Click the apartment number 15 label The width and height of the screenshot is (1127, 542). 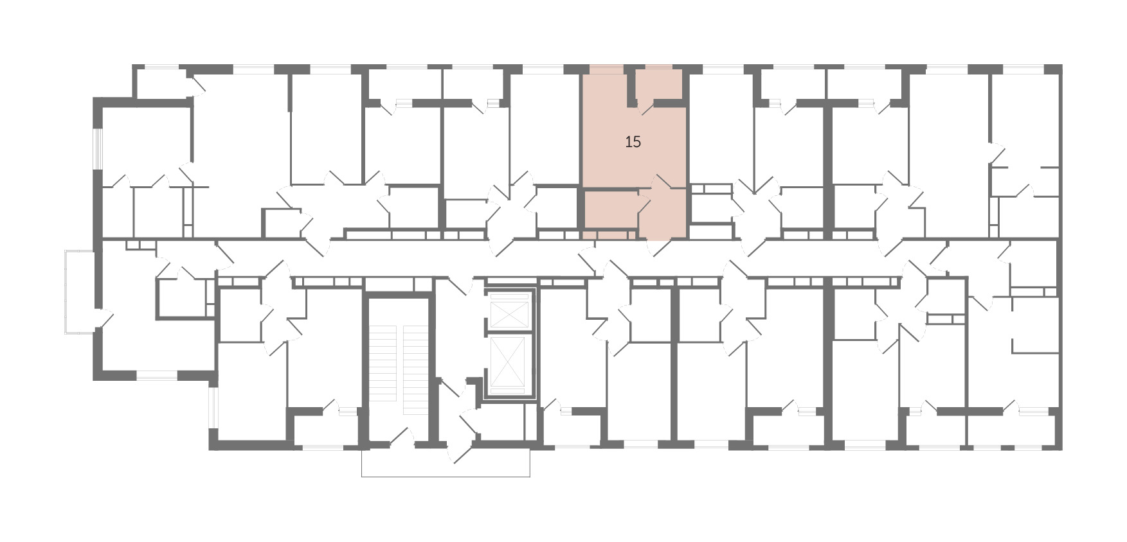tap(633, 142)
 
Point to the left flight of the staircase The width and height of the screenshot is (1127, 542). tap(384, 369)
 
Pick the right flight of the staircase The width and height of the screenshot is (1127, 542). tap(415, 369)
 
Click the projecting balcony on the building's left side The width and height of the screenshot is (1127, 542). tap(80, 292)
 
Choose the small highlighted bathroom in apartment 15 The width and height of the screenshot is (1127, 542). tap(610, 211)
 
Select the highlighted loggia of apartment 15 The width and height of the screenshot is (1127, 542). tap(660, 84)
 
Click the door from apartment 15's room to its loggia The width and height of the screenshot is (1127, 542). tap(645, 107)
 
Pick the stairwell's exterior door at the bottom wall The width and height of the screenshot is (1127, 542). tap(402, 437)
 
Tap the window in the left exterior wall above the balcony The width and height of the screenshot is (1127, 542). tap(98, 149)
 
